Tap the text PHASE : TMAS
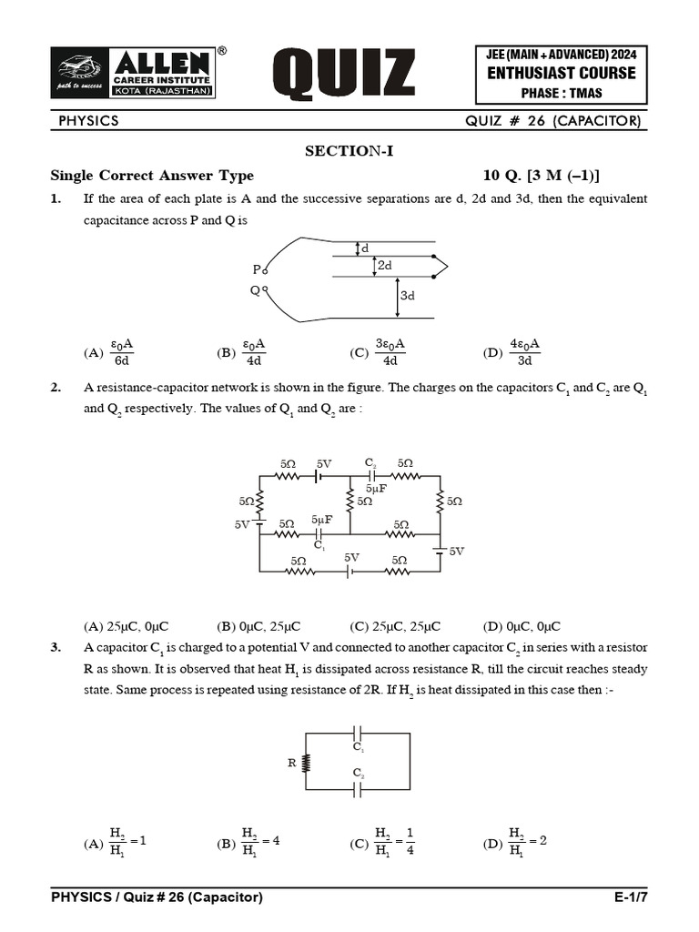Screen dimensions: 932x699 pyautogui.click(x=562, y=93)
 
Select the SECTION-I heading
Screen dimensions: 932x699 pyautogui.click(x=349, y=151)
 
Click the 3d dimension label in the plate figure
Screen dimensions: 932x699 pyautogui.click(x=406, y=296)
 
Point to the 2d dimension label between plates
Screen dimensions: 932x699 pyautogui.click(x=385, y=265)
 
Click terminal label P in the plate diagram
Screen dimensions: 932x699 pyautogui.click(x=257, y=268)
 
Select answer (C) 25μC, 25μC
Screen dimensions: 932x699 pyautogui.click(x=395, y=626)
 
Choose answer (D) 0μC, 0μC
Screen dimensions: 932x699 pyautogui.click(x=522, y=626)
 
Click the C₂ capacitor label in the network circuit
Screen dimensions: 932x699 pyautogui.click(x=370, y=463)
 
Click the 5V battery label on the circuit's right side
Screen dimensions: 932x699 pyautogui.click(x=456, y=551)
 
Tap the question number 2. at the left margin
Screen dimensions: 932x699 pyautogui.click(x=56, y=388)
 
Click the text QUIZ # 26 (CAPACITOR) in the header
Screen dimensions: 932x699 pyautogui.click(x=552, y=121)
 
